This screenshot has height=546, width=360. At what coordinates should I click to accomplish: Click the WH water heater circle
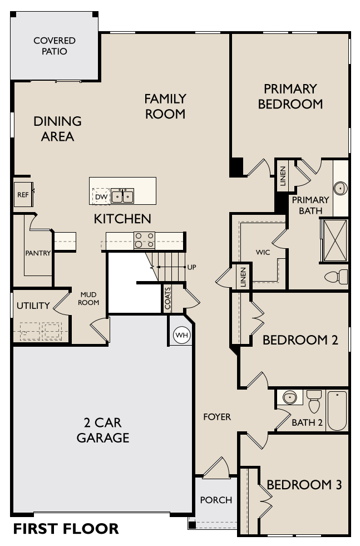click(181, 335)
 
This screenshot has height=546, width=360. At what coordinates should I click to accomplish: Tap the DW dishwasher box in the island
click(100, 196)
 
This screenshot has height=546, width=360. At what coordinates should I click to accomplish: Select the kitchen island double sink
click(122, 196)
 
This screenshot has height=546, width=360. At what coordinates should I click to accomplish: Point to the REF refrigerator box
click(23, 194)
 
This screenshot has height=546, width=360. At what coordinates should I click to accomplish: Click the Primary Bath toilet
click(337, 276)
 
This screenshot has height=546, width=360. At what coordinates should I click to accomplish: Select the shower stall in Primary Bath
click(334, 240)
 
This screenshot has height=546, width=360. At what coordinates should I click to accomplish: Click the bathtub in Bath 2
click(337, 411)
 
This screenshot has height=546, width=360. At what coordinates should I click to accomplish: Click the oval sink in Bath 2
click(289, 397)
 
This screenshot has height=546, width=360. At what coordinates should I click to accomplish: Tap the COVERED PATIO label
click(55, 46)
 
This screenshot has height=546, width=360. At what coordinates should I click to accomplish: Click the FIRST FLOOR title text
click(66, 528)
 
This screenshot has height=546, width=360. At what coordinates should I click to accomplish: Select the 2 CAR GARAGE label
click(103, 430)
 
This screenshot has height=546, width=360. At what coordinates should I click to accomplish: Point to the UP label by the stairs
click(191, 267)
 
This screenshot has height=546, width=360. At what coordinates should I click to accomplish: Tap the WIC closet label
click(263, 252)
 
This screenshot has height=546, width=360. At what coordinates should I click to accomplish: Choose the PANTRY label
click(38, 253)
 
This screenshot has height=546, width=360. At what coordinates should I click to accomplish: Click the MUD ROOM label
click(88, 298)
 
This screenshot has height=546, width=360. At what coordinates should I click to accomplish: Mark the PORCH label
click(216, 500)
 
